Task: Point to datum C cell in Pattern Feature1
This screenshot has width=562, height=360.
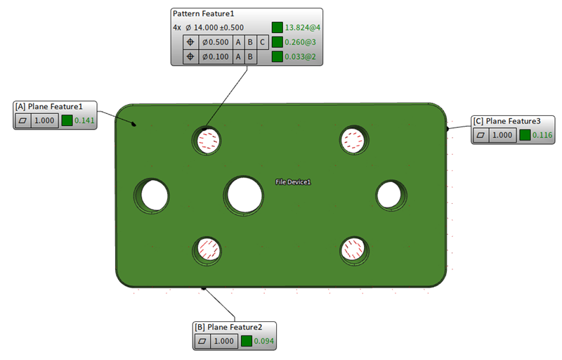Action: (262, 42)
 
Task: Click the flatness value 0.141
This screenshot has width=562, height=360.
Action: (85, 120)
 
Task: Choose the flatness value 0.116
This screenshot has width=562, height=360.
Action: (543, 134)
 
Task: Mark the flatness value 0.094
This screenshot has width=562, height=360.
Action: (264, 341)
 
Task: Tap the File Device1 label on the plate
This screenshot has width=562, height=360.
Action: (293, 182)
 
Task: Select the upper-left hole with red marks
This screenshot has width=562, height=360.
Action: (207, 141)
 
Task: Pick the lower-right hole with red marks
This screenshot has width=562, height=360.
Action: (354, 250)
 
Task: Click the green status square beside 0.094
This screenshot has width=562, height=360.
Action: (246, 341)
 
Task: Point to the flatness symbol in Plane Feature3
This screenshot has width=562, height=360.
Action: (482, 134)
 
